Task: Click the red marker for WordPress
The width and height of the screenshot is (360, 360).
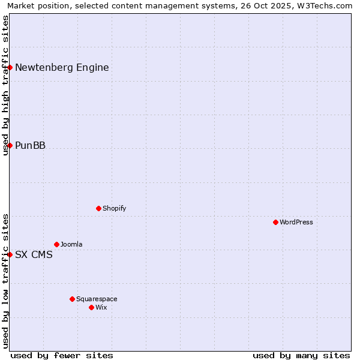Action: click(275, 222)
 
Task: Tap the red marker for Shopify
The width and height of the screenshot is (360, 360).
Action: click(98, 208)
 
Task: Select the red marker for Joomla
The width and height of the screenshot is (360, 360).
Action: click(56, 244)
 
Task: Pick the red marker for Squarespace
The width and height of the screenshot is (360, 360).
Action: click(72, 299)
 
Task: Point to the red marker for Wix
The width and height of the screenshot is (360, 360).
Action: click(91, 307)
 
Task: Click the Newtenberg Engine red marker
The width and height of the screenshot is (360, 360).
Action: click(10, 67)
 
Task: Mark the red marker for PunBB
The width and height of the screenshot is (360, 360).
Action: click(10, 145)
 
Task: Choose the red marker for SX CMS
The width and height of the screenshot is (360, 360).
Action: click(10, 254)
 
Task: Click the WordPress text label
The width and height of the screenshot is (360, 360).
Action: click(296, 222)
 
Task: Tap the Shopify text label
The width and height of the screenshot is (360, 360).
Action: click(114, 208)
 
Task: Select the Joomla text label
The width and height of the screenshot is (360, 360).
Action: click(71, 244)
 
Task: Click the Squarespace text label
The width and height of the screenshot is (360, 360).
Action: click(97, 299)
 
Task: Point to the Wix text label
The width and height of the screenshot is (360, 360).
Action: click(101, 307)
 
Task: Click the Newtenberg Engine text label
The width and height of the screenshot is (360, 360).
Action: click(62, 67)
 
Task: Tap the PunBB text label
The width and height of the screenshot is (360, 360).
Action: click(30, 145)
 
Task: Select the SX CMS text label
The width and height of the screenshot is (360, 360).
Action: click(34, 254)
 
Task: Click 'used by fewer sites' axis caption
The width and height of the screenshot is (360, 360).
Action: click(62, 355)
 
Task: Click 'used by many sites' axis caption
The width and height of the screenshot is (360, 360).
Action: click(301, 355)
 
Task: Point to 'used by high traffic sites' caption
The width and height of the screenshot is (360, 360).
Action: click(5, 85)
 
